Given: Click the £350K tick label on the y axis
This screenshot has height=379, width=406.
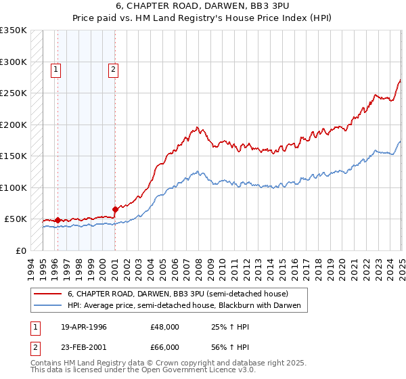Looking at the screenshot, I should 14,30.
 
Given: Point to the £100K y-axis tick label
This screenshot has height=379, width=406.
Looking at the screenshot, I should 14,187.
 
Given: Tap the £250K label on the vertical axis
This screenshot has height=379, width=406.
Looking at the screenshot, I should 14,93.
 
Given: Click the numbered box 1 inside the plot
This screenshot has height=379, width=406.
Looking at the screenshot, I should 55,68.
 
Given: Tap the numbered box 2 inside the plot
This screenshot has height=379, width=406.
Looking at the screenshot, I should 113,68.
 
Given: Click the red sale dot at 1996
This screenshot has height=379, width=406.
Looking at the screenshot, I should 58,220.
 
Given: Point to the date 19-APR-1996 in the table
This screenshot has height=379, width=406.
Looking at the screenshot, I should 83,327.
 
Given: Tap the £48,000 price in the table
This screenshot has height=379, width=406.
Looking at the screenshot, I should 164,327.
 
